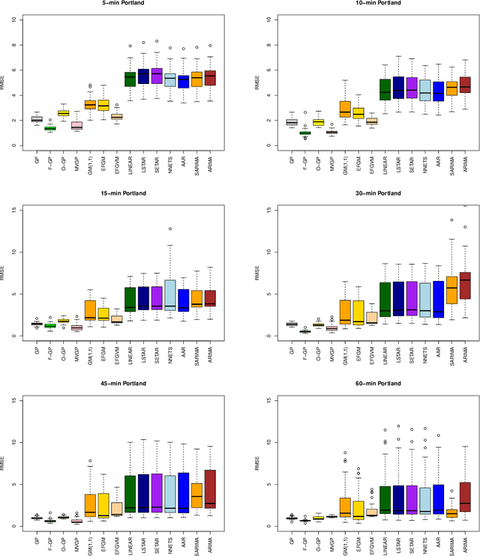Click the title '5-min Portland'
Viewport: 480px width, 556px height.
pyautogui.click(x=124, y=4)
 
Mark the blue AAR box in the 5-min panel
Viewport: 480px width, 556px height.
pyautogui.click(x=183, y=82)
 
